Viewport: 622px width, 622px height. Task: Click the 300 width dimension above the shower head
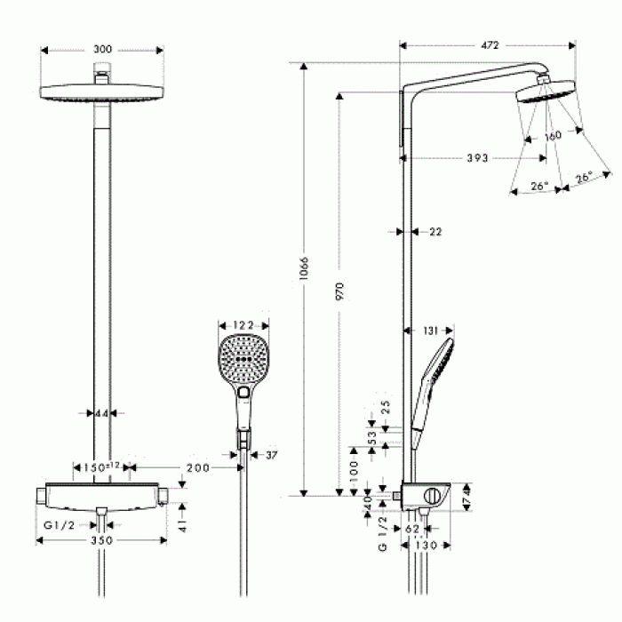click(x=102, y=50)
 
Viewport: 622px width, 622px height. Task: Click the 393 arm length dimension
click(x=478, y=158)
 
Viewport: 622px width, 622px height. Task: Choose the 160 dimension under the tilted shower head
click(x=553, y=136)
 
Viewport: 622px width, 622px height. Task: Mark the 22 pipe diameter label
click(x=435, y=232)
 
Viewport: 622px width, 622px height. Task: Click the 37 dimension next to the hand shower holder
click(x=272, y=455)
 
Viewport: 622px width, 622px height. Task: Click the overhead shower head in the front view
click(x=102, y=92)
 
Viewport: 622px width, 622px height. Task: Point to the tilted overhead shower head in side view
click(x=544, y=92)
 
